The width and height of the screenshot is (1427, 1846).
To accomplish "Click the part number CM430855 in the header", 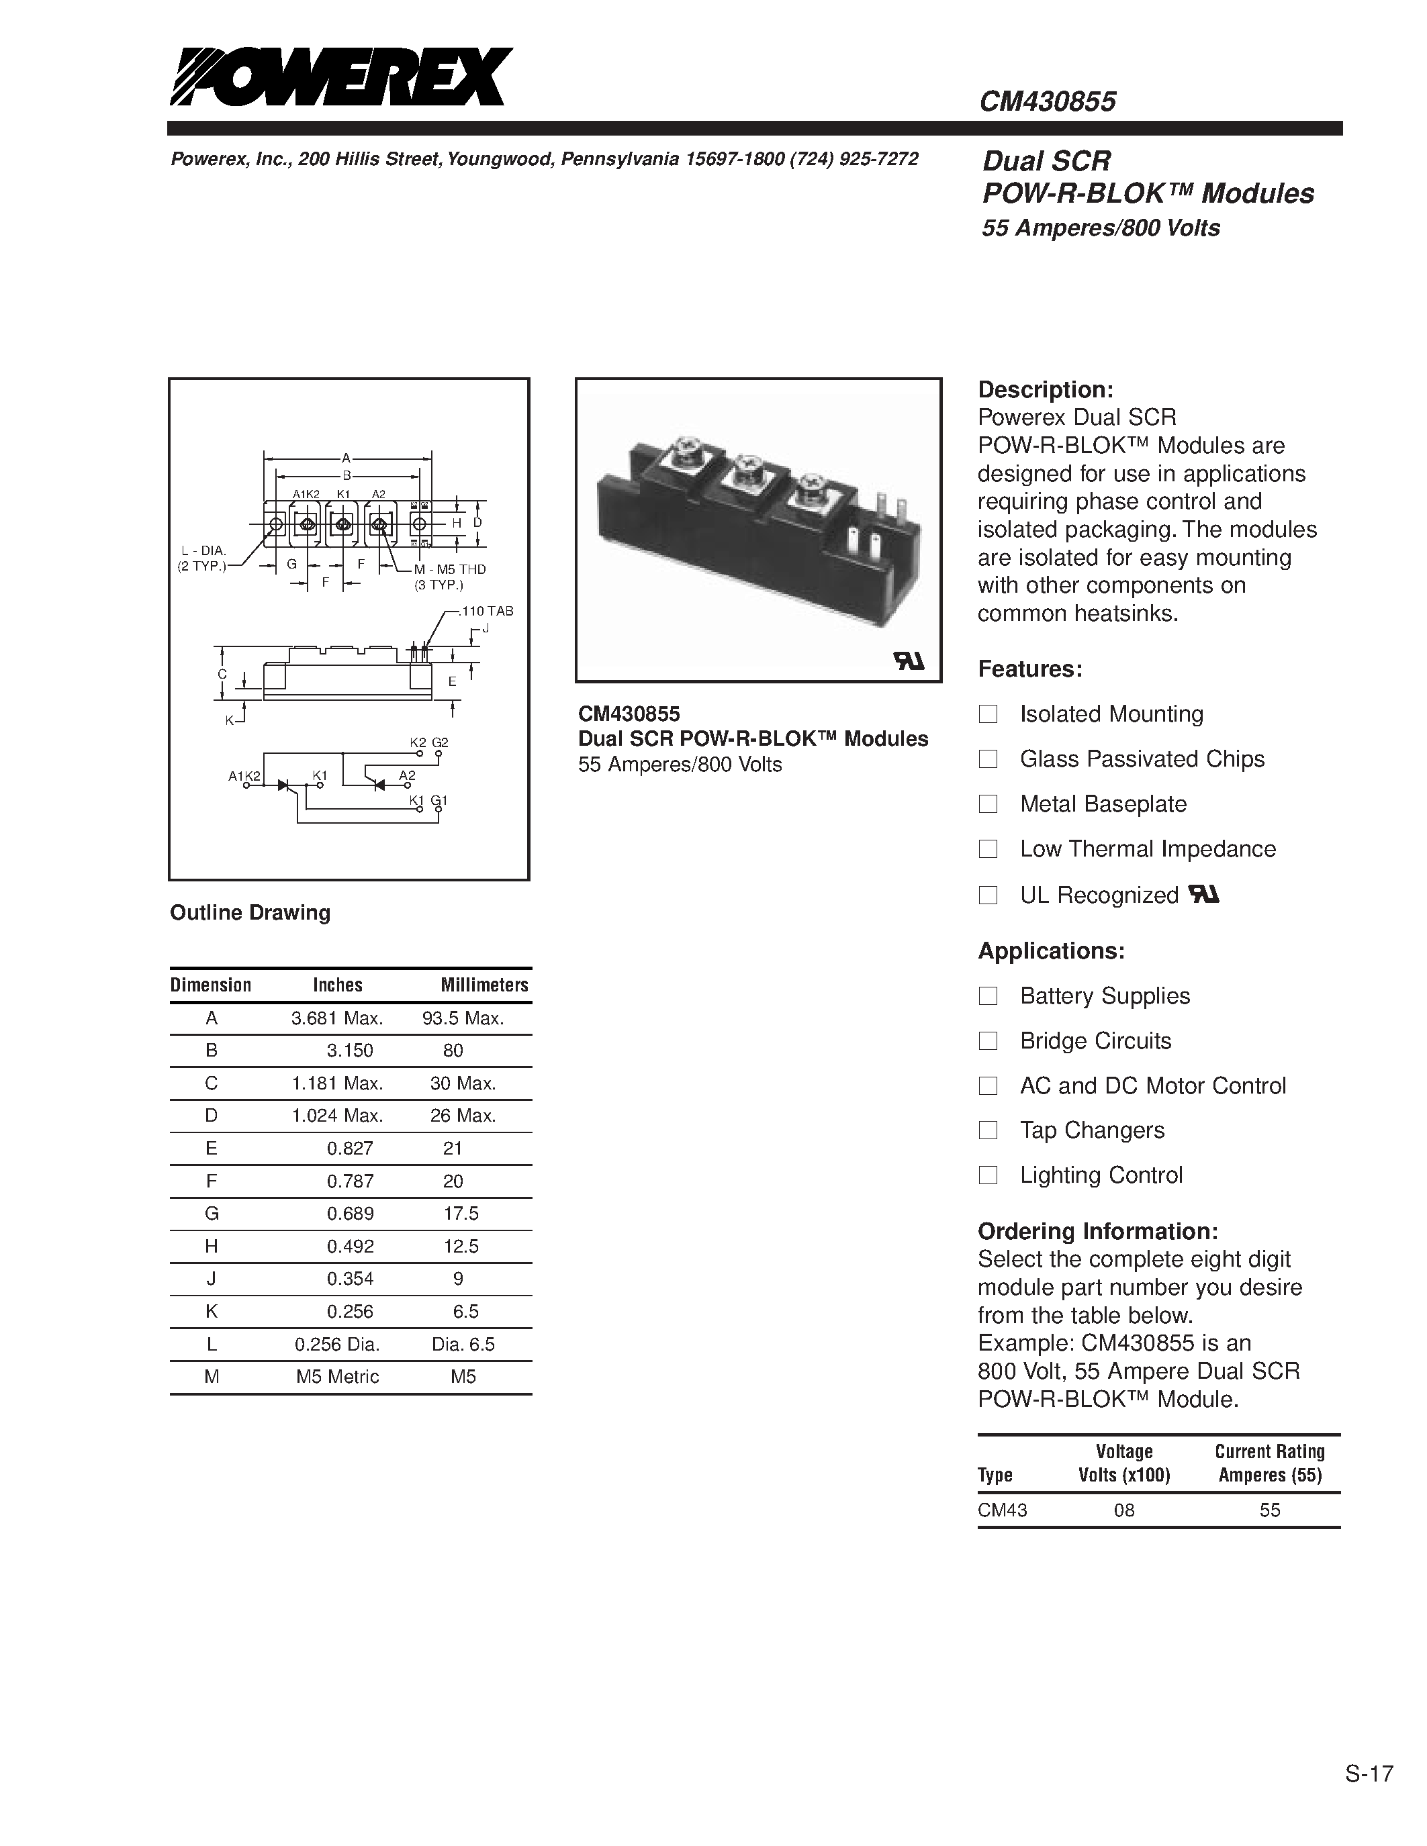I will pos(1047,102).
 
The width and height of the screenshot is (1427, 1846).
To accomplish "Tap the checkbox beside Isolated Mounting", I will pos(987,714).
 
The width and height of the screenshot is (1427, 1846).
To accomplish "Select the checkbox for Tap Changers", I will pos(987,1130).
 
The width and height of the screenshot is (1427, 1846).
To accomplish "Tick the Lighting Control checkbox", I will pos(987,1175).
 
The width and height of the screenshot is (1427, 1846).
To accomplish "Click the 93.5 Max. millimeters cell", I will pos(463,1018).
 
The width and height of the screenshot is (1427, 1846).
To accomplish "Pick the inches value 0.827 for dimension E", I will pos(350,1149).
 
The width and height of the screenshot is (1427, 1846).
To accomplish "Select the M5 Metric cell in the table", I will pos(337,1377).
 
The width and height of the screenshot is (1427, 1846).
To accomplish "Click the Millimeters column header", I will pos(484,985).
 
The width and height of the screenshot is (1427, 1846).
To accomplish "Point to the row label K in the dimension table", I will pos(212,1312).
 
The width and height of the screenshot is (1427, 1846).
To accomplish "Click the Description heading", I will pos(1045,389).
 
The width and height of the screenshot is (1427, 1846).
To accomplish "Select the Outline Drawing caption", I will pos(250,913).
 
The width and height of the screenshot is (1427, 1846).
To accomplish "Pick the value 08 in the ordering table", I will pos(1123,1510).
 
